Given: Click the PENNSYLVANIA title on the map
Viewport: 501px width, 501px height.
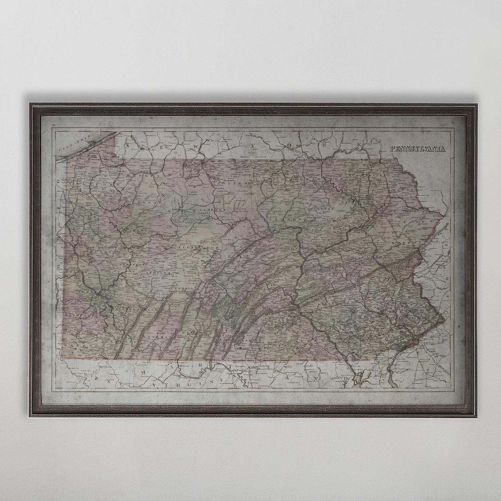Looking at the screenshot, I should (417, 149).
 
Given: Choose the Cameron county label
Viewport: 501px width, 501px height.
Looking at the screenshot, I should (212, 210).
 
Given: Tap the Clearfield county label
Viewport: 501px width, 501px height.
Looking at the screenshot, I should (199, 249).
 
